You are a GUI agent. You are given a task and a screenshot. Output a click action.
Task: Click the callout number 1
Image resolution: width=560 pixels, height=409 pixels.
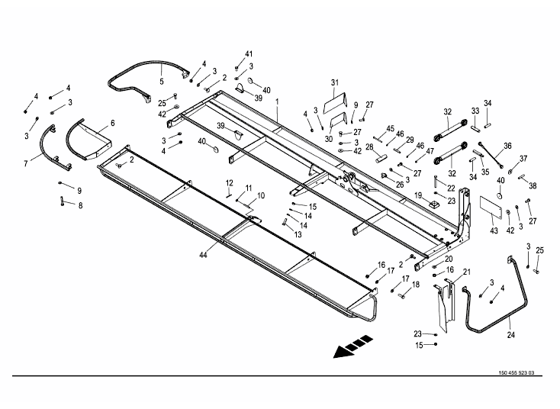click(x=277, y=101)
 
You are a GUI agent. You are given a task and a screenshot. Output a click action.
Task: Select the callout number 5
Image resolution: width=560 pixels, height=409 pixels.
click(x=161, y=81)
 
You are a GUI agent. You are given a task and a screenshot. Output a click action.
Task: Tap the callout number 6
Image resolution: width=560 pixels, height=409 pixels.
click(x=112, y=123)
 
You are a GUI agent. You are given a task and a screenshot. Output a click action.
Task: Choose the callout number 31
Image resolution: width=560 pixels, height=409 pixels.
click(x=334, y=82)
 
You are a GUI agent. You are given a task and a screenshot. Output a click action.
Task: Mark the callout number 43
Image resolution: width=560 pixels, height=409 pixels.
click(x=494, y=230)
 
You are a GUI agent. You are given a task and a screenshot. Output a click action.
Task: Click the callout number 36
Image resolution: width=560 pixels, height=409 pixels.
click(x=507, y=146)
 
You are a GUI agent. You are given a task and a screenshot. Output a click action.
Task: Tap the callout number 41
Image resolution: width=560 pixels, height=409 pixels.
click(x=248, y=53)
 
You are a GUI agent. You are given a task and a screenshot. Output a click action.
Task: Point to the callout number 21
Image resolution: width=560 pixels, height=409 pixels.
click(x=466, y=272)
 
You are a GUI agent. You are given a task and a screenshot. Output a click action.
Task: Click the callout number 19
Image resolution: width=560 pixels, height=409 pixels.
click(x=418, y=196)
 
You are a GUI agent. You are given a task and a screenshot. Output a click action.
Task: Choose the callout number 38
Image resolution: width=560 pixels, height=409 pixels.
click(x=532, y=185)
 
